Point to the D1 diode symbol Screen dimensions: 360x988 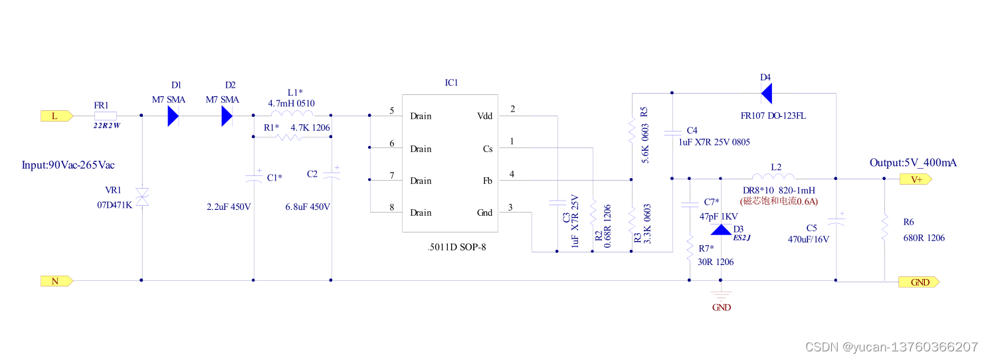click(x=173, y=116)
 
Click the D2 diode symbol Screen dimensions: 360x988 click(x=227, y=116)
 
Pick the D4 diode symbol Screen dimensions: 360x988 click(x=766, y=94)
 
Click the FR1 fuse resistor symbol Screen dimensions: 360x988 click(x=106, y=116)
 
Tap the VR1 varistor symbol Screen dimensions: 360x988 click(x=142, y=197)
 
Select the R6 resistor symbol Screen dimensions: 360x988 click(x=885, y=227)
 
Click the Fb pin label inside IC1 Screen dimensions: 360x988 click(x=487, y=181)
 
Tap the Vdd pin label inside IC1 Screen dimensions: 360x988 click(x=486, y=116)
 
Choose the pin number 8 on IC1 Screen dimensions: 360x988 click(x=392, y=207)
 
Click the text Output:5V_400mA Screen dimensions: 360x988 click(x=913, y=163)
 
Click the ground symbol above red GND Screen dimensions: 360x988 click(x=722, y=293)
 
